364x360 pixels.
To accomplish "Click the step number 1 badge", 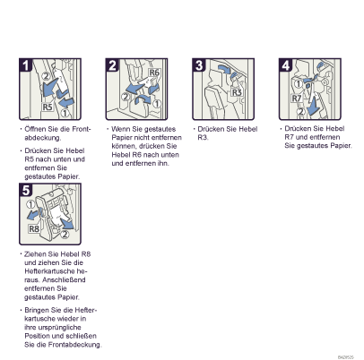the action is click(26, 65).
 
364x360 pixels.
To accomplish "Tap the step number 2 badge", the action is click(112, 65).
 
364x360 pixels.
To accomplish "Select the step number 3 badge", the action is click(199, 65).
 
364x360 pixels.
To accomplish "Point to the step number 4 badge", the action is click(286, 65).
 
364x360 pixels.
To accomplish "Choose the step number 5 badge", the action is click(26, 190).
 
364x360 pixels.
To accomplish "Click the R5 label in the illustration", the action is click(48, 107).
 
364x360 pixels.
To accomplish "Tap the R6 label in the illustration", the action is click(154, 73).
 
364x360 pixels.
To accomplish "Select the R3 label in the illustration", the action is click(237, 92).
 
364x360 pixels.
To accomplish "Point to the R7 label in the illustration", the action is click(297, 99).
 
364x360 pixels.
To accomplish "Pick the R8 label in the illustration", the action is click(34, 229).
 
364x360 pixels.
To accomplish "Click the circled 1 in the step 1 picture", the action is click(65, 114).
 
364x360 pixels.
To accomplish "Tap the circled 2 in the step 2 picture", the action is click(126, 97).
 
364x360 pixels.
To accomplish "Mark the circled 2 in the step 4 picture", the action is click(300, 111).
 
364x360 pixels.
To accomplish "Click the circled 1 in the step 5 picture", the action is click(30, 204).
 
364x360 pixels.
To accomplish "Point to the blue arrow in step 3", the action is click(225, 69).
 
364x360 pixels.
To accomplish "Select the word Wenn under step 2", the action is click(119, 129).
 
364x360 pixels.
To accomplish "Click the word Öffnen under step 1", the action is click(35, 129).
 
